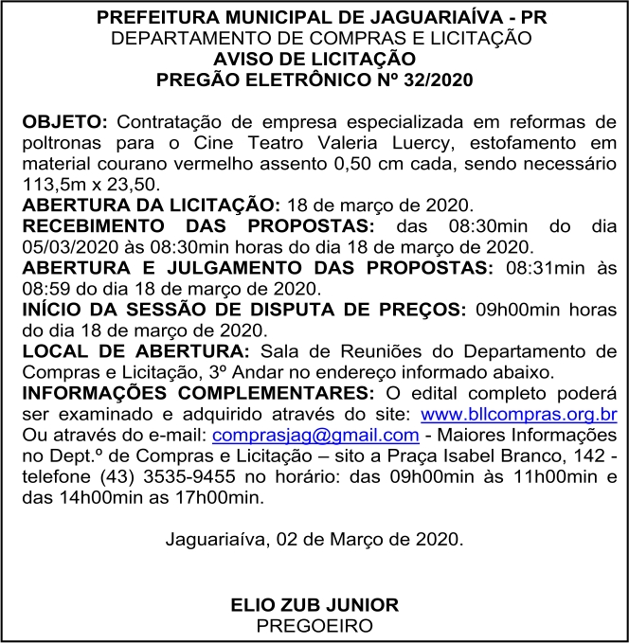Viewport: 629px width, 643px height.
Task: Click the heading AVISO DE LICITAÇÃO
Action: (x=314, y=59)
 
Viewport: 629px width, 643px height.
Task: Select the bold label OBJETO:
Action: (x=66, y=123)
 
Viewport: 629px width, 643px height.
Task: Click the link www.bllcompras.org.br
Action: (x=519, y=414)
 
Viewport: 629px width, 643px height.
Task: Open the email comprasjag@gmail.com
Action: (x=316, y=435)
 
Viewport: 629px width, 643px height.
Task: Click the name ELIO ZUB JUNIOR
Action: (x=314, y=605)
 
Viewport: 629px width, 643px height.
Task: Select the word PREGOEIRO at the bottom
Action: (x=314, y=625)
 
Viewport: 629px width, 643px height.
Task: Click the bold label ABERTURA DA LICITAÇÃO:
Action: (x=151, y=205)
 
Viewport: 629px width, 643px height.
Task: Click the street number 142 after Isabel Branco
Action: (x=590, y=455)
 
